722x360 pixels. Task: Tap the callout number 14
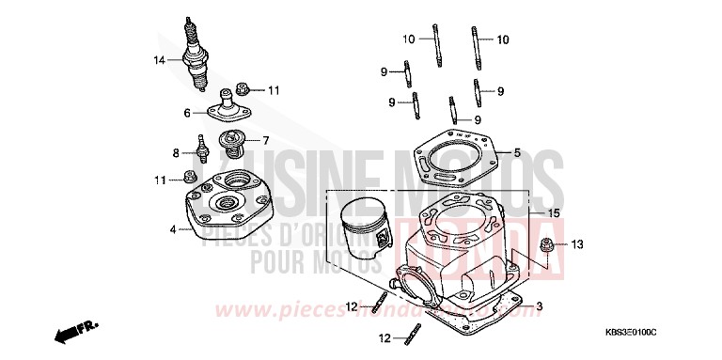click(x=160, y=60)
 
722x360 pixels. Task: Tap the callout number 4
click(x=172, y=229)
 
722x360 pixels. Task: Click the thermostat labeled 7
click(x=230, y=144)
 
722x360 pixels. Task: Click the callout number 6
click(x=187, y=113)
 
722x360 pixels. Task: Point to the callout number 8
click(x=175, y=152)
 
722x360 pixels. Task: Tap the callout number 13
click(x=576, y=245)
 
